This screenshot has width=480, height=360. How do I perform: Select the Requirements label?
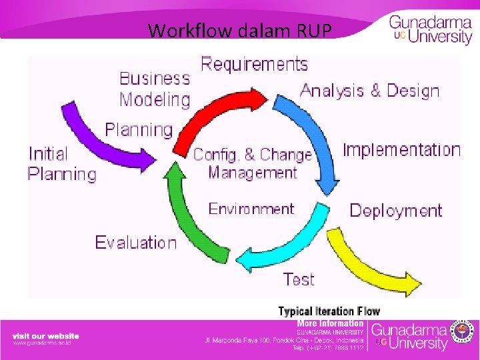pyautogui.click(x=255, y=64)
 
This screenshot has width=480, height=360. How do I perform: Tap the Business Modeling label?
pyautogui.click(x=155, y=89)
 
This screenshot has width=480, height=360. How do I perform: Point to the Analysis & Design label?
pyautogui.click(x=370, y=91)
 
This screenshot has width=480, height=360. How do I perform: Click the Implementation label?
pyautogui.click(x=401, y=150)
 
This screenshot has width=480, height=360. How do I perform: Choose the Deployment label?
pyautogui.click(x=395, y=211)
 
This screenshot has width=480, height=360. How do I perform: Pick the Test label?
pyautogui.click(x=298, y=279)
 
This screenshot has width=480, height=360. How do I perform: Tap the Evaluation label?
pyautogui.click(x=136, y=242)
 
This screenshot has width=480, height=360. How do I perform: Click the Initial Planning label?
pyautogui.click(x=62, y=164)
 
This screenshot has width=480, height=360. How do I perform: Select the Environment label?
pyautogui.click(x=251, y=209)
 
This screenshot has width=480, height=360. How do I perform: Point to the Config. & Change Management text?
pyautogui.click(x=253, y=164)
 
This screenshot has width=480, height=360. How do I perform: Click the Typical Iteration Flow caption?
pyautogui.click(x=329, y=311)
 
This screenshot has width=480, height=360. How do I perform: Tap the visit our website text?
pyautogui.click(x=45, y=336)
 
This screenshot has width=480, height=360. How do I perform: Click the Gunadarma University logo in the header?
pyautogui.click(x=430, y=29)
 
